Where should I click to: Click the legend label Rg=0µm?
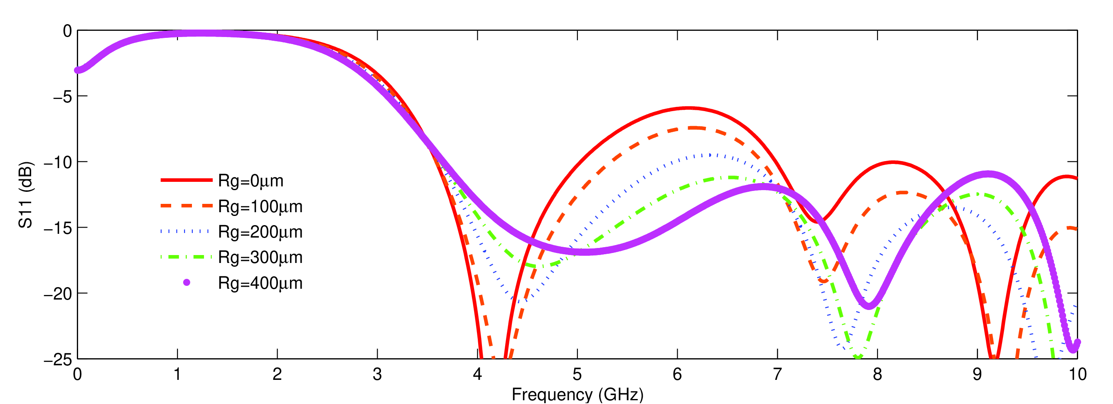coord(251,181)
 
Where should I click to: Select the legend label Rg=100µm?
coord(260,207)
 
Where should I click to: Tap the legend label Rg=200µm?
coord(260,232)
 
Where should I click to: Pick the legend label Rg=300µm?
coord(260,258)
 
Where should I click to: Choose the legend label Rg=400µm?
coord(260,283)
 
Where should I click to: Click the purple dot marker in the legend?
coord(187,283)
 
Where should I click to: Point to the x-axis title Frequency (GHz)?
coord(577,394)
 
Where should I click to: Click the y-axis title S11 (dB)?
coord(25,195)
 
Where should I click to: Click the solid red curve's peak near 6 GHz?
coord(689,108)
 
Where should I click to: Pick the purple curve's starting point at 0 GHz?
coord(78,70)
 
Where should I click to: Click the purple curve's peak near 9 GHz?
coord(988,174)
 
